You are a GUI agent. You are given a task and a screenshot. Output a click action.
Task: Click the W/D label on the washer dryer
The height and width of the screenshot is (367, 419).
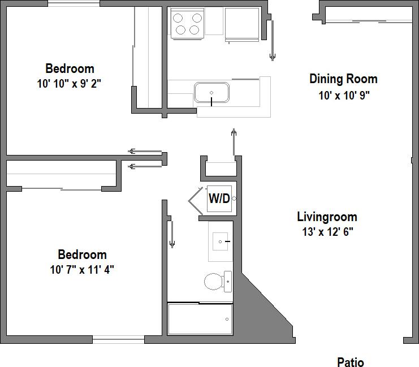(x=219, y=198)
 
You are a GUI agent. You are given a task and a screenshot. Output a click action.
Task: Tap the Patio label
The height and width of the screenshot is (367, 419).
(x=351, y=362)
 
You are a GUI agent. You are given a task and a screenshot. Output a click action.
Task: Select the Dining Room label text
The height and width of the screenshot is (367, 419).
(x=343, y=79)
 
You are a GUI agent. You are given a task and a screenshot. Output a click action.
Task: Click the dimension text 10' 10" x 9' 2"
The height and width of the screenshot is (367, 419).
(x=70, y=84)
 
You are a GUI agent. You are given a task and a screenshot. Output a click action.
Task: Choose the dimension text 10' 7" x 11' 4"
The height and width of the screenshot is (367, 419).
(x=82, y=269)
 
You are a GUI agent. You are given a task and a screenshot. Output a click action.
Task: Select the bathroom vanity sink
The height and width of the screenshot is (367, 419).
(x=221, y=241)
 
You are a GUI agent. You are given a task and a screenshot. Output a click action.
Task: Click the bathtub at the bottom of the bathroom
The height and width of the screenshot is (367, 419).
(x=200, y=319)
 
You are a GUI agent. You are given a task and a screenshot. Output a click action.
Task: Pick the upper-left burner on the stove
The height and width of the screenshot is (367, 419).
(x=179, y=17)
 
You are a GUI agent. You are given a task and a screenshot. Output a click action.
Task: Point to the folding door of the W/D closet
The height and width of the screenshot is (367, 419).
(x=196, y=198)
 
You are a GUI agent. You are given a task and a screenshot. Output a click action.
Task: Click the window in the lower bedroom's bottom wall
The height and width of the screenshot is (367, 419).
(x=118, y=340)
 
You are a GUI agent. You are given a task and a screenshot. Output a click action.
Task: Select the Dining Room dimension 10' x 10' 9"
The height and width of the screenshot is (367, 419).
(x=344, y=96)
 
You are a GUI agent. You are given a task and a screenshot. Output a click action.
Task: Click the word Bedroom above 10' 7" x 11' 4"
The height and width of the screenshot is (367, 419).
(x=82, y=254)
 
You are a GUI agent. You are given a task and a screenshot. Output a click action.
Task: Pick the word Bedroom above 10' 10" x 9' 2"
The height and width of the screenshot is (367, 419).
(x=70, y=69)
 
